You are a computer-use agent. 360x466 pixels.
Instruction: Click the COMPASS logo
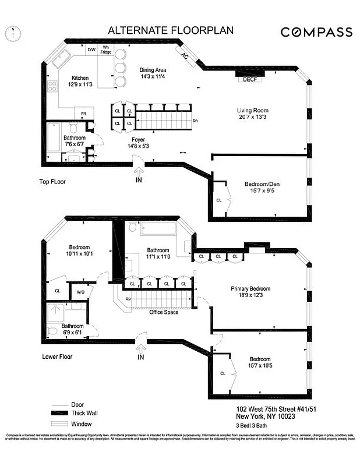(316, 32)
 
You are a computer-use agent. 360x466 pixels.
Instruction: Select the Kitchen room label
(80, 82)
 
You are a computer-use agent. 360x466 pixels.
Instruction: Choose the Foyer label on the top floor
(138, 143)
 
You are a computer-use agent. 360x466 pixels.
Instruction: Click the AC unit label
(185, 57)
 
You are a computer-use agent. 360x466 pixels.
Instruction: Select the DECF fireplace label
(250, 79)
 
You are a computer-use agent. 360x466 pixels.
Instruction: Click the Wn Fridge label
(106, 50)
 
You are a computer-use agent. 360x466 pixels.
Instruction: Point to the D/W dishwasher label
(91, 50)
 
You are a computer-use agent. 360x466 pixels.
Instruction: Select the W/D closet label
(80, 292)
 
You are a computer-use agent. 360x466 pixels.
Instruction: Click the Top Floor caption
(52, 182)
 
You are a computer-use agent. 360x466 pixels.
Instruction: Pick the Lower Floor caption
(57, 356)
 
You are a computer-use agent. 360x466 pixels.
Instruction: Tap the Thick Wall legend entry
(83, 413)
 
